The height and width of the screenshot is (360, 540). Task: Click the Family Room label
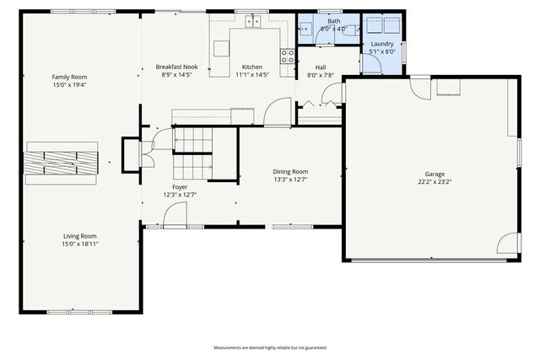point(69,77)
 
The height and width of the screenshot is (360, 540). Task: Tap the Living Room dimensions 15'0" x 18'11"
point(79,244)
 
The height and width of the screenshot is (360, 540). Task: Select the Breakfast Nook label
point(176,67)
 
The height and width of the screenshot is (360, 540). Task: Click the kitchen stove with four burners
point(288,56)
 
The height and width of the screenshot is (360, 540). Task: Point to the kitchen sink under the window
point(252,22)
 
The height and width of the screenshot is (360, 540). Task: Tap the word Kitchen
point(252,67)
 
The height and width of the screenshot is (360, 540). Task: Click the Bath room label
point(334,21)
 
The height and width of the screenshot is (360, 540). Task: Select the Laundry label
point(382,43)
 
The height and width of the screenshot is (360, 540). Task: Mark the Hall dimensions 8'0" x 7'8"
point(321,75)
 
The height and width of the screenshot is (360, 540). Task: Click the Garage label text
point(435,174)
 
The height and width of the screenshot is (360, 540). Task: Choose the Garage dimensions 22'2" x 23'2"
point(435,181)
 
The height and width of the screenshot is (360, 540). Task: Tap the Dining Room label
point(290,171)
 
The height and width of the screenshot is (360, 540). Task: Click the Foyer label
point(180,186)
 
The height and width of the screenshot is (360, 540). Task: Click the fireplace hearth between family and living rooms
point(62,162)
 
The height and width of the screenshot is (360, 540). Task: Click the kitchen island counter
point(221,49)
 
